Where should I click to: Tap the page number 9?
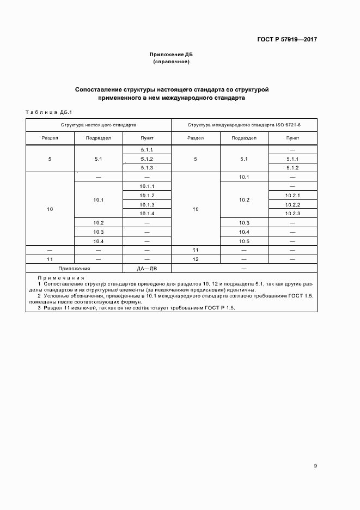pyautogui.click(x=315, y=465)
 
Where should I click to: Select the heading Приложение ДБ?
pyautogui.click(x=172, y=55)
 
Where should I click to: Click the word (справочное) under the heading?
pyautogui.click(x=172, y=62)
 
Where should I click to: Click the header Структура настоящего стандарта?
pyautogui.click(x=98, y=125)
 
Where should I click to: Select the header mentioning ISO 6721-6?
pyautogui.click(x=244, y=125)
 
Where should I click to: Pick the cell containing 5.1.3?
pyautogui.click(x=147, y=168)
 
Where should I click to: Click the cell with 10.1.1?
pyautogui.click(x=147, y=186)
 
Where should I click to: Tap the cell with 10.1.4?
pyautogui.click(x=147, y=213)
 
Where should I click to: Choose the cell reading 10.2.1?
pyautogui.click(x=292, y=195)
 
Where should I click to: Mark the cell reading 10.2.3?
pyautogui.click(x=292, y=213)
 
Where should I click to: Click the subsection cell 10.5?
pyautogui.click(x=243, y=241)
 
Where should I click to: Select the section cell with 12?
pyautogui.click(x=196, y=259)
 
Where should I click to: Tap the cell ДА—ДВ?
pyautogui.click(x=147, y=269)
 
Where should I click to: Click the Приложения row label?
pyautogui.click(x=74, y=269)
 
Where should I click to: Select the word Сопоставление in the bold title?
pyautogui.click(x=98, y=89)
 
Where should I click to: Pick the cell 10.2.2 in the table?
pyautogui.click(x=292, y=204)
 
